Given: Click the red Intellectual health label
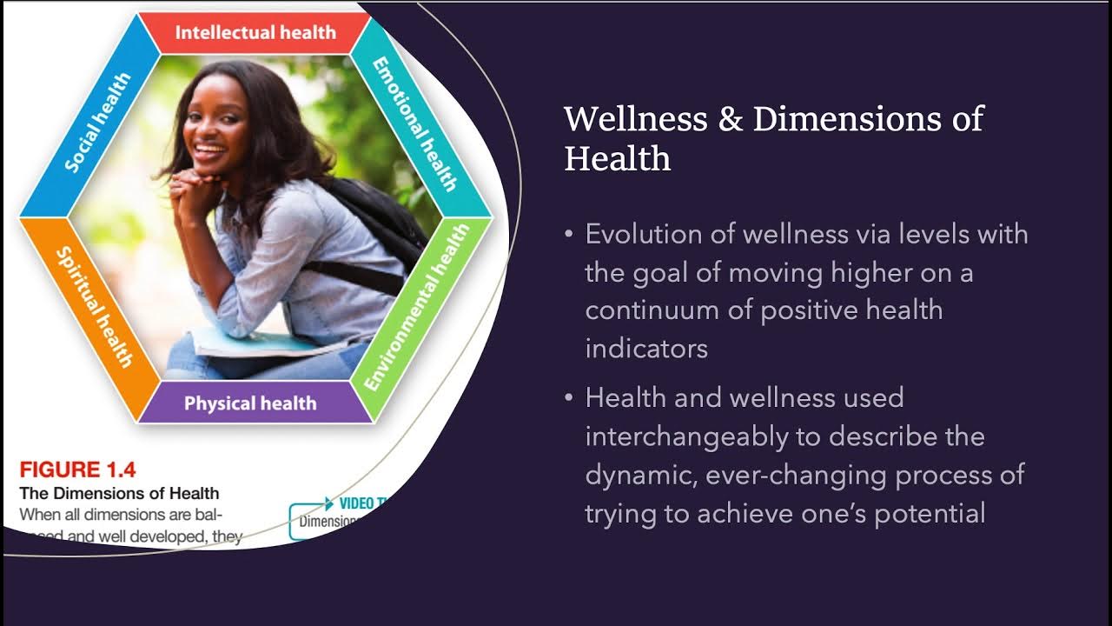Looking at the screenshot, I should click(255, 33).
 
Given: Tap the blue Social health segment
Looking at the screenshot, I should click(97, 123).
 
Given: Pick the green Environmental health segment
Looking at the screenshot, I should click(416, 307).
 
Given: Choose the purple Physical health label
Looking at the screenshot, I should click(250, 403).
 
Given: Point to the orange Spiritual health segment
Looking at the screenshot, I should click(94, 306).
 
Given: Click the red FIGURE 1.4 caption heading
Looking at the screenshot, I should click(77, 470).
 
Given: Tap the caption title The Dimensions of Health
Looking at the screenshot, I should click(119, 494).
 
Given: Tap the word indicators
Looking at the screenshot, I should click(646, 349).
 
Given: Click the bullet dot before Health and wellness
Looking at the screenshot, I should click(569, 398).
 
